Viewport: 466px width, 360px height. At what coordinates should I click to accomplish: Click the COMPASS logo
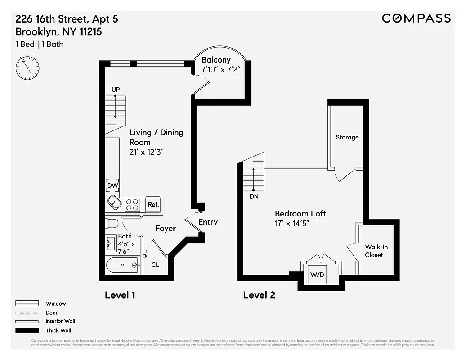point(416,18)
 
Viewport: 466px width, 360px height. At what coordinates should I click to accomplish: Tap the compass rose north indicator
point(27,67)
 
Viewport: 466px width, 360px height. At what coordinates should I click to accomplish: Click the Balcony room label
point(216,60)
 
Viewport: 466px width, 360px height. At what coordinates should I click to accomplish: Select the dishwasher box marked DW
point(112,185)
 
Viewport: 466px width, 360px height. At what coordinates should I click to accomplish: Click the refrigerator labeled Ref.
point(154,204)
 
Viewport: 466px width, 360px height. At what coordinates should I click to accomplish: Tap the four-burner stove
point(132,205)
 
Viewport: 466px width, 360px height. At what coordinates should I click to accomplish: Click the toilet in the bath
point(112,223)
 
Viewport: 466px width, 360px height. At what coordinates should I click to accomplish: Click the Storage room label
point(347,137)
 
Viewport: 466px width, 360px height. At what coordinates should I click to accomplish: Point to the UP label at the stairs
point(116,90)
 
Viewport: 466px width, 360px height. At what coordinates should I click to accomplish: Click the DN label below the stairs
point(254,197)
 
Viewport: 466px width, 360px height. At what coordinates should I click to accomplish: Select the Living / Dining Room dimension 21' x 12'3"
point(146,152)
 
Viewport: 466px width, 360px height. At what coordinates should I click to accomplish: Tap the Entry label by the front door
point(208,222)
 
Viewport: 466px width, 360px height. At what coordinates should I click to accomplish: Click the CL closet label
point(155,265)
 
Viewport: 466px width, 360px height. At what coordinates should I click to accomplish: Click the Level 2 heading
point(259,295)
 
